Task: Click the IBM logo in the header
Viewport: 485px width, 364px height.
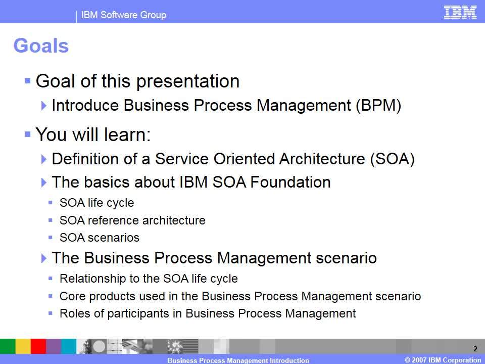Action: click(x=460, y=12)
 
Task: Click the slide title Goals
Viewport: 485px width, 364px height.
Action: click(x=41, y=45)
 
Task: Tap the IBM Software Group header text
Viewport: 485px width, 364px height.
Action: click(x=123, y=15)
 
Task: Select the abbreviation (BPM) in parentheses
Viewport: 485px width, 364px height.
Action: click(x=378, y=105)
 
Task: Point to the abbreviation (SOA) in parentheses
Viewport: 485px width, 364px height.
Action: click(x=392, y=159)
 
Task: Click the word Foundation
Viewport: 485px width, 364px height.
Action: click(x=290, y=182)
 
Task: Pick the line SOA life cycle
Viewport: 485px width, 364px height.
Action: click(x=97, y=203)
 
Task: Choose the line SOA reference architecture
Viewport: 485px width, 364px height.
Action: click(x=132, y=220)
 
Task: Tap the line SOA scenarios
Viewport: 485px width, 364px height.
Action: click(x=100, y=238)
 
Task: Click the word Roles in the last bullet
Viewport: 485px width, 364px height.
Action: click(x=75, y=313)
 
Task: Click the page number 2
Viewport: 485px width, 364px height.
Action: click(x=475, y=349)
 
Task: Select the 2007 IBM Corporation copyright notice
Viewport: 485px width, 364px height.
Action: click(x=443, y=360)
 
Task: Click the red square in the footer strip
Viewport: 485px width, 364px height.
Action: click(x=38, y=346)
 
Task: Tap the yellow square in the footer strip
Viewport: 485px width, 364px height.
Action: click(x=23, y=346)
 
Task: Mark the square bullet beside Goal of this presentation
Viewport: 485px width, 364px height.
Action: click(x=27, y=81)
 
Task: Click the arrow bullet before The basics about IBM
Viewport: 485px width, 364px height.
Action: click(x=44, y=183)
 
